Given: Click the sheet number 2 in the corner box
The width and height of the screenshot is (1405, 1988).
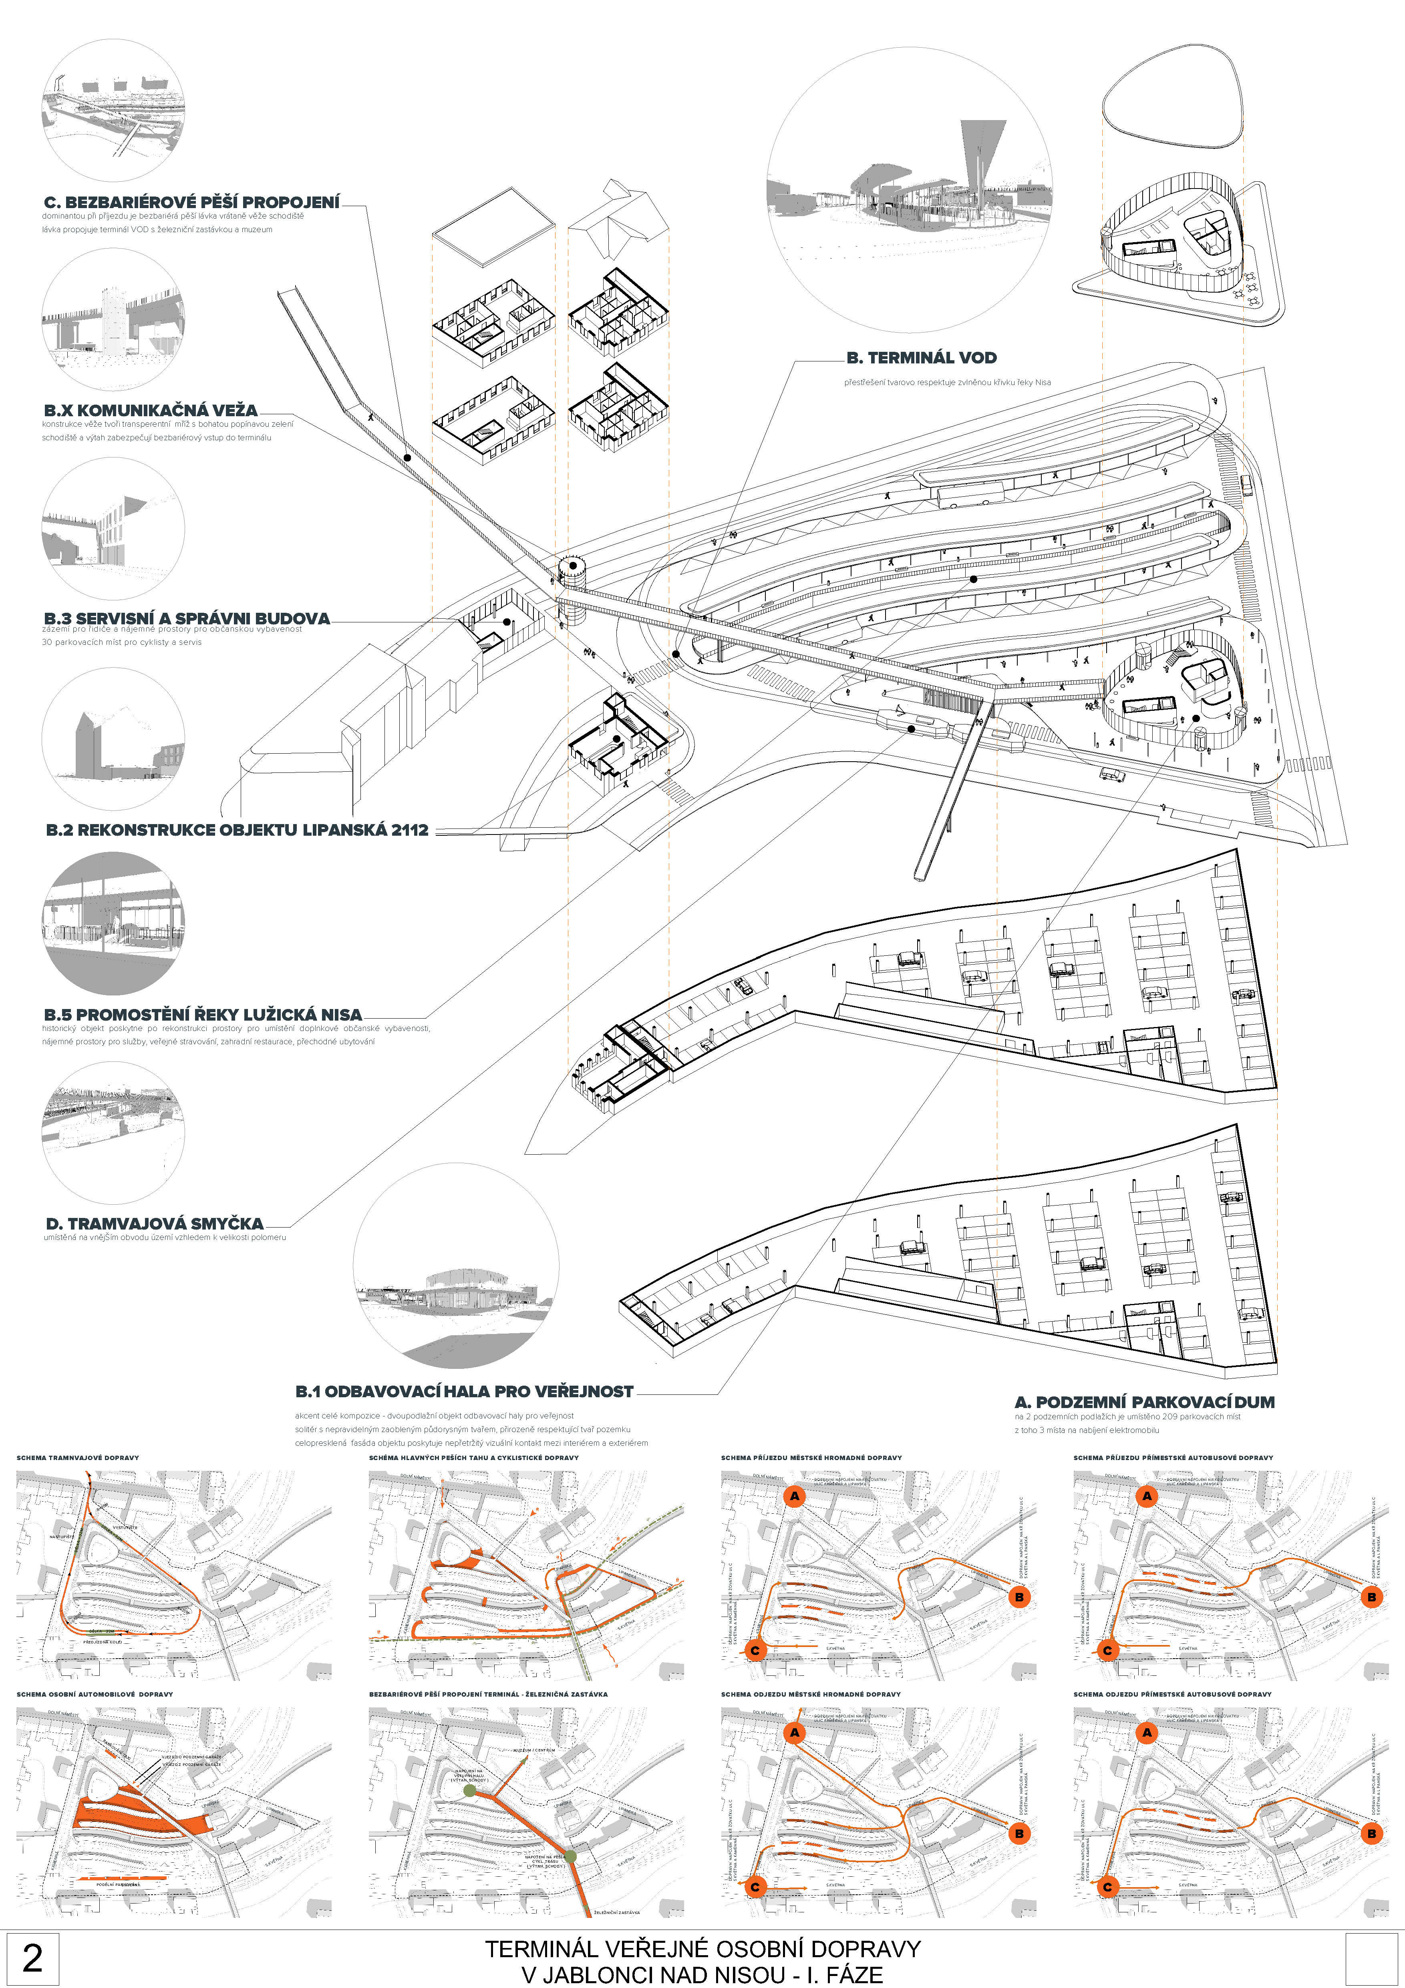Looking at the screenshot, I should [x=32, y=1958].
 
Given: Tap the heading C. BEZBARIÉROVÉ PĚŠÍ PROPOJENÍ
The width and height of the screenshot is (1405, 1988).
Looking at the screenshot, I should [x=191, y=203].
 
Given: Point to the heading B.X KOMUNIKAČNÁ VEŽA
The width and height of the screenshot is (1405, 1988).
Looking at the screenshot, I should [x=151, y=410].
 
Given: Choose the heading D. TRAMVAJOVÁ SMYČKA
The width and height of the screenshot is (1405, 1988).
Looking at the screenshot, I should [x=154, y=1224].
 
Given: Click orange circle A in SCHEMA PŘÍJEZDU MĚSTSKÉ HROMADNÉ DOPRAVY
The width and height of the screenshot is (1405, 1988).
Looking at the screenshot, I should [x=794, y=1496].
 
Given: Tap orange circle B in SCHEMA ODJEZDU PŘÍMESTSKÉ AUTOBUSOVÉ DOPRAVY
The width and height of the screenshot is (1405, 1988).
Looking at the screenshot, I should [x=1371, y=1833].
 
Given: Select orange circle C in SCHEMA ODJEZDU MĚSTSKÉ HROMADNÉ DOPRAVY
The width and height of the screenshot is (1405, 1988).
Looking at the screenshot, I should [x=755, y=1887].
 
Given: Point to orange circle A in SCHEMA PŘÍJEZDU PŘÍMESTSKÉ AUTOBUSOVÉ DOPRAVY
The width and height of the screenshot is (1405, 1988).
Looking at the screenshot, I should [x=1147, y=1496].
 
